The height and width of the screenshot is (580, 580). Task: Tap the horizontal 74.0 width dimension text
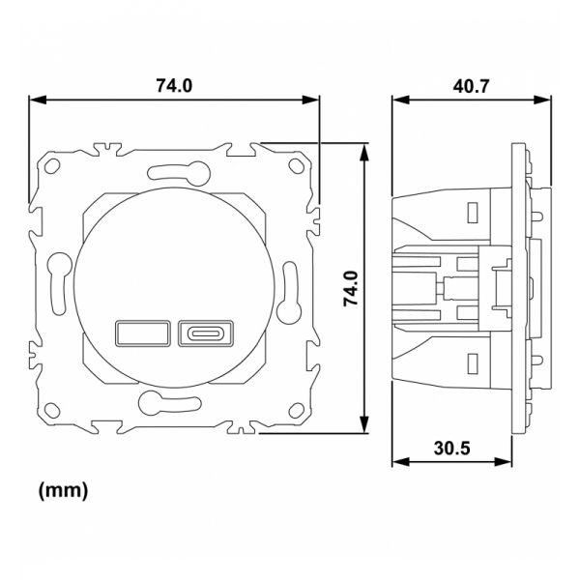click(x=174, y=85)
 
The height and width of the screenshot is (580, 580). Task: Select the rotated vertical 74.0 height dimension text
click(x=350, y=288)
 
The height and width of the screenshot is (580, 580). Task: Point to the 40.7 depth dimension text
click(x=471, y=85)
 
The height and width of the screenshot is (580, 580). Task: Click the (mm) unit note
click(x=63, y=491)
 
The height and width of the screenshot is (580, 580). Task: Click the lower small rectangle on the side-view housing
click(x=473, y=363)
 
